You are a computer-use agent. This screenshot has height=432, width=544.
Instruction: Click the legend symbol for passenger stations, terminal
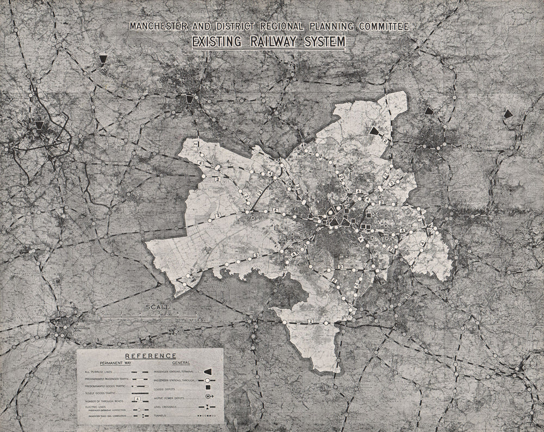tap(207, 371)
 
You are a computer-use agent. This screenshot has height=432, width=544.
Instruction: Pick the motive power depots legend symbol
tap(207, 398)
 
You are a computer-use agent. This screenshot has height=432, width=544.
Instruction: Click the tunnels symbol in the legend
tap(207, 415)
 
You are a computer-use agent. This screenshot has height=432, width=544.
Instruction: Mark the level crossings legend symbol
tap(207, 406)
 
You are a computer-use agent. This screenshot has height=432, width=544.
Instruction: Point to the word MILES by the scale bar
tap(196, 320)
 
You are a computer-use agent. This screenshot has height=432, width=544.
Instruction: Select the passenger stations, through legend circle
tap(207, 379)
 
